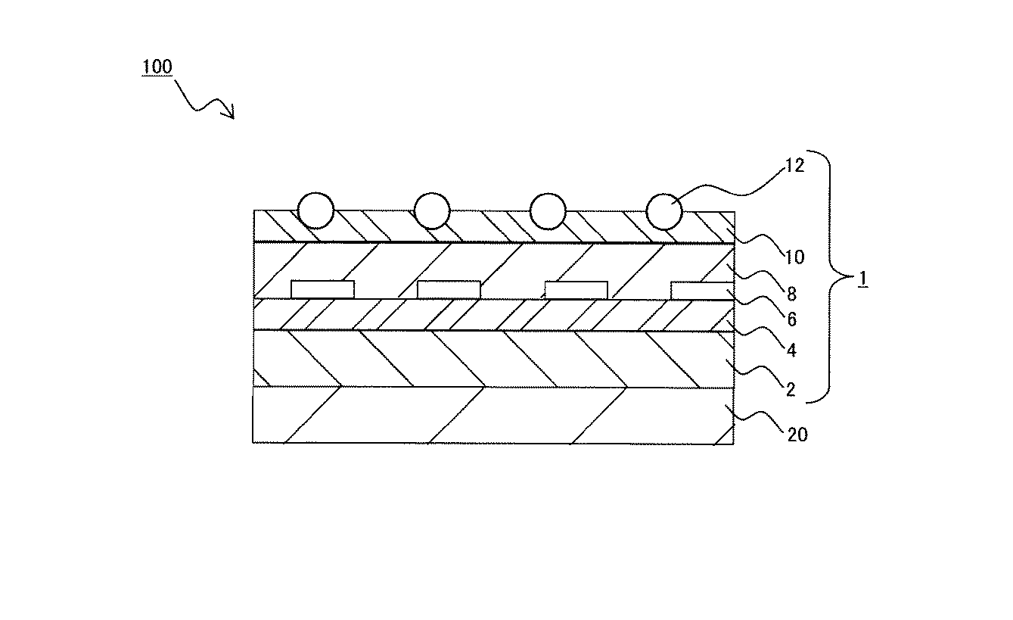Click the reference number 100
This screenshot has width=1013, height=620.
click(x=157, y=67)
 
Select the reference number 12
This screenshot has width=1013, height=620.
click(x=794, y=166)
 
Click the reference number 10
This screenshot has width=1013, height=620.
click(x=794, y=257)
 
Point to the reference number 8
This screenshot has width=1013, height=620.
click(x=791, y=294)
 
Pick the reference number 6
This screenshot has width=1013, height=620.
click(x=791, y=319)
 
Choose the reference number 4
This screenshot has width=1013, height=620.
click(x=791, y=351)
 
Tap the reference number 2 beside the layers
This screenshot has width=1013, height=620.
click(x=791, y=390)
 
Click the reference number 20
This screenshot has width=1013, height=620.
click(x=797, y=435)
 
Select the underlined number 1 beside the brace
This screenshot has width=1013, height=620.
click(x=863, y=279)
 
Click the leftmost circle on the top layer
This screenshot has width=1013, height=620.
click(x=315, y=211)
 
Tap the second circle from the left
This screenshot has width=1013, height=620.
click(x=432, y=211)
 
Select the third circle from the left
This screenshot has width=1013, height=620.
click(x=548, y=211)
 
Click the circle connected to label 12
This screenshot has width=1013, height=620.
click(x=664, y=212)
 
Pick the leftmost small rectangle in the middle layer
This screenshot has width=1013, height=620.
click(x=322, y=290)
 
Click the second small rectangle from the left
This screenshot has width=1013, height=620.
click(x=449, y=290)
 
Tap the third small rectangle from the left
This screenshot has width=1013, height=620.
click(x=576, y=290)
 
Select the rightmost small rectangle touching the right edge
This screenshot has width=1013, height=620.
click(x=702, y=291)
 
